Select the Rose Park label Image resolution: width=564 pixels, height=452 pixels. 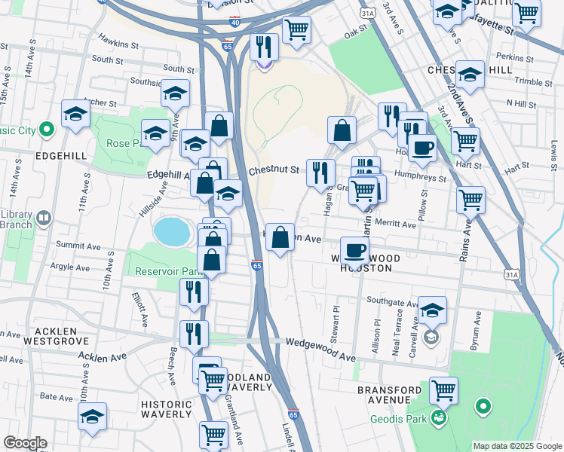(118, 143)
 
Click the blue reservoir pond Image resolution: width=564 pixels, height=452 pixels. (170, 231)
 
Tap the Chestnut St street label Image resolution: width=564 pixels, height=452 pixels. (274, 170)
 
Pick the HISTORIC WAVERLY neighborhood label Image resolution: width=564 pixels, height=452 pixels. (167, 408)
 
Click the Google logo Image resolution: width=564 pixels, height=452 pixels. (24, 443)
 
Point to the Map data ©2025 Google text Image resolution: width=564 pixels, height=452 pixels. (517, 446)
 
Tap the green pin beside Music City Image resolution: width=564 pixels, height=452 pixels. (47, 130)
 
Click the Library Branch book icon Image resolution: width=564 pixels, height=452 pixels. (44, 219)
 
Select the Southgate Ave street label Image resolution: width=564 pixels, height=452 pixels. (391, 304)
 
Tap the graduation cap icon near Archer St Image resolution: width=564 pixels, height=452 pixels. (75, 115)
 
